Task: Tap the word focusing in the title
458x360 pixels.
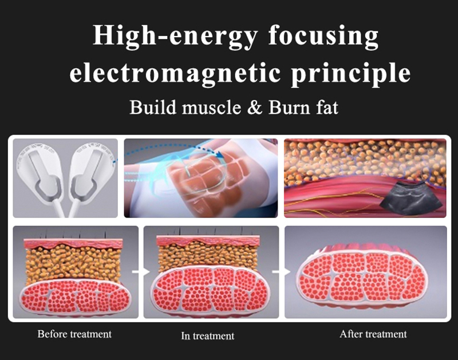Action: coord(323,36)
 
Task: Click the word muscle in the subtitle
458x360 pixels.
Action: coord(211,108)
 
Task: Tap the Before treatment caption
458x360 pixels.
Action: coord(74,334)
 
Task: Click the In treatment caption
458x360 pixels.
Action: coord(208,336)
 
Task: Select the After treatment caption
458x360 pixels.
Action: coord(373,334)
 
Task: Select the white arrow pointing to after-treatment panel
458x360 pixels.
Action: coord(281,272)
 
